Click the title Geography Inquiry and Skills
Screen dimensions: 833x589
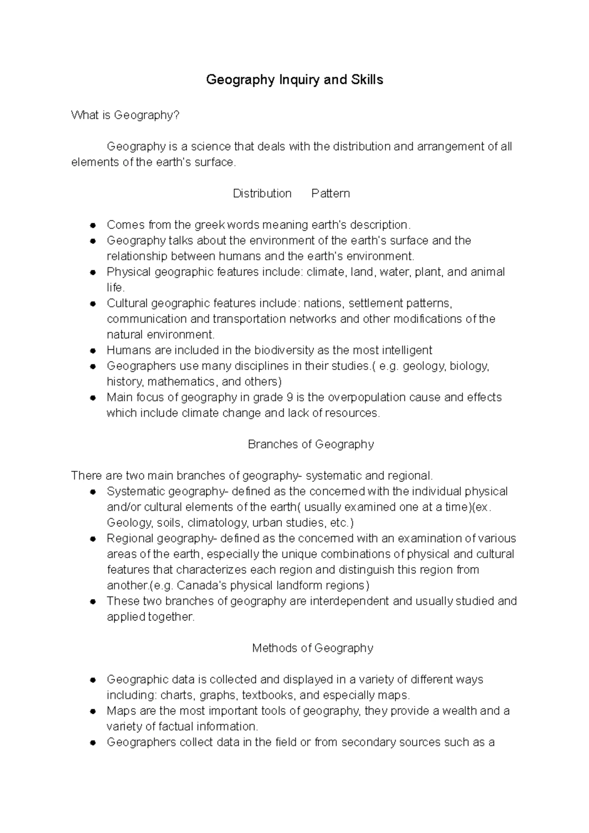[x=294, y=79]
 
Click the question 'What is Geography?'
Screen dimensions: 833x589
[x=126, y=115]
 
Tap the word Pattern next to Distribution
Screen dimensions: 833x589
[x=330, y=193]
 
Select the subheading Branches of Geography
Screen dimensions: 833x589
[x=311, y=444]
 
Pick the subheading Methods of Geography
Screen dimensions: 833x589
[x=312, y=648]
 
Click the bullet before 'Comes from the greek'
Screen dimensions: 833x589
[x=92, y=225]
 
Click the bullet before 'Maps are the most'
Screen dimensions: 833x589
[x=92, y=711]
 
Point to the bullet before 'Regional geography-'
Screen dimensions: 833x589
[x=92, y=539]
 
